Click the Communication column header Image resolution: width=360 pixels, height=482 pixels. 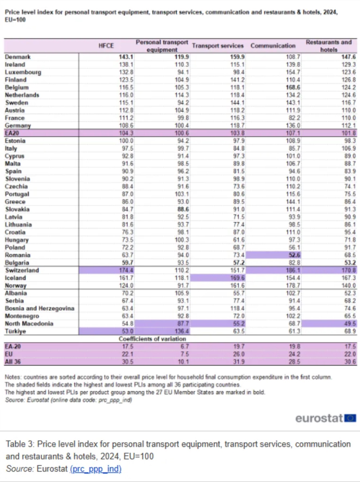coord(273,46)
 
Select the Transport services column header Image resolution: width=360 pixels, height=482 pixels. coord(218,46)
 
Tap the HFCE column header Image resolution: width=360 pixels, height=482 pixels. coord(106,46)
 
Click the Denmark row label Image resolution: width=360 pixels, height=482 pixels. coord(18,57)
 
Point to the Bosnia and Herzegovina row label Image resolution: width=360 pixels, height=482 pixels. coord(39,308)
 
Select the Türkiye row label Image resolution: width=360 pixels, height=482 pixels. coord(15,331)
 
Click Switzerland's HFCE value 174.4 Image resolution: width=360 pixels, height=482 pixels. coord(126,270)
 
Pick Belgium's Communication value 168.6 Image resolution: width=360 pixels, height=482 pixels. coord(293,87)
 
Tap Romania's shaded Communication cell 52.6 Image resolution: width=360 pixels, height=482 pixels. coord(294,255)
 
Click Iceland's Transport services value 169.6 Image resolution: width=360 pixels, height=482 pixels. coord(237,278)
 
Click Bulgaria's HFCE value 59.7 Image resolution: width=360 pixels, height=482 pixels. coord(127,263)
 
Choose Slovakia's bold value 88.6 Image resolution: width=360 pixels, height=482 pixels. coord(183,209)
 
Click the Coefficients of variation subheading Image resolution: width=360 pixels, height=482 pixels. coord(152,339)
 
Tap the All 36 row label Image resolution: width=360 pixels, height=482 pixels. coord(13,362)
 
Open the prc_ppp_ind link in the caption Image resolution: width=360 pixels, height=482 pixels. coord(96,469)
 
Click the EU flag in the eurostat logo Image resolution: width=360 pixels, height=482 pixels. coord(350,418)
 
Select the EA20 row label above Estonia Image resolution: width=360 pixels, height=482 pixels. coord(12,133)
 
